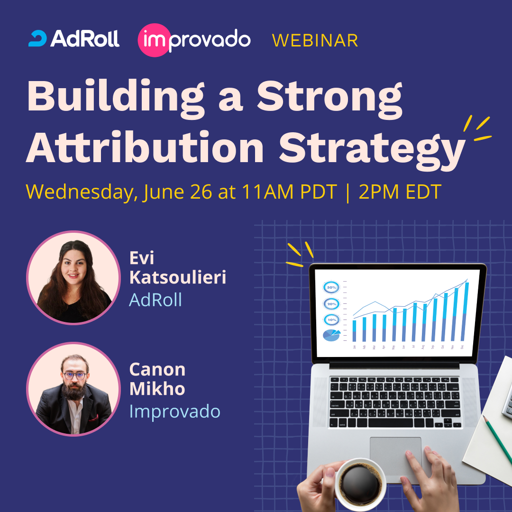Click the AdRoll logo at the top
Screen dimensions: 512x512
coord(73,39)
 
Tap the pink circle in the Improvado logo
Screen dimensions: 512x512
coord(153,40)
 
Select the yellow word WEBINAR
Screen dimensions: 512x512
coord(315,40)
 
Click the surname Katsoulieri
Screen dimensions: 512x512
coord(177,278)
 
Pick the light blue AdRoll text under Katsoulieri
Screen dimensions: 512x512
coord(155,300)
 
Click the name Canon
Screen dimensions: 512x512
coord(157,370)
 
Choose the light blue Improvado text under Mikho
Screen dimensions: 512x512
coord(174,411)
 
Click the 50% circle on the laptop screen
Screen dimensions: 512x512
coord(331,287)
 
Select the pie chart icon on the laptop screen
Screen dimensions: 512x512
coord(331,335)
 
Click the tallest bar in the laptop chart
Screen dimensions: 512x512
coord(466,311)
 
